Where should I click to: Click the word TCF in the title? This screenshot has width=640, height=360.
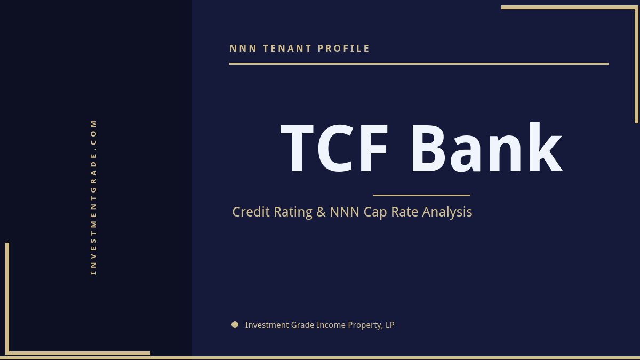(x=335, y=149)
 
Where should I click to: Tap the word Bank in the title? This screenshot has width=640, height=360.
(x=485, y=149)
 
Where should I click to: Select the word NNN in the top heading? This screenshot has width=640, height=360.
(x=243, y=49)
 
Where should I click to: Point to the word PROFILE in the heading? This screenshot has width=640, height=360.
(x=344, y=49)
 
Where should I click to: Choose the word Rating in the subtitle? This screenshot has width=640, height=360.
(x=293, y=212)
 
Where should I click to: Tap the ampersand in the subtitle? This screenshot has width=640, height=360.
(x=321, y=212)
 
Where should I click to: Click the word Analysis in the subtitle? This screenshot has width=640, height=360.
(x=447, y=212)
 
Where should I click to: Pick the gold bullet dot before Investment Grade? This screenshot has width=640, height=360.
(x=235, y=324)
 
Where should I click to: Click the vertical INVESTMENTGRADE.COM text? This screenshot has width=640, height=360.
(x=94, y=197)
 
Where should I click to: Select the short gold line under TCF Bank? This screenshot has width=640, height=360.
(x=421, y=195)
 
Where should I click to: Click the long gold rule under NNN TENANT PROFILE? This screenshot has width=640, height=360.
(x=419, y=63)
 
